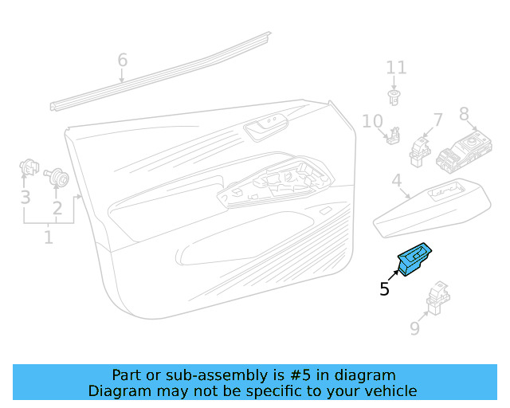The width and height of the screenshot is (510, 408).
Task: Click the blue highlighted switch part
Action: (x=414, y=259)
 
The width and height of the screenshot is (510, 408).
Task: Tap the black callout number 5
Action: (x=384, y=289)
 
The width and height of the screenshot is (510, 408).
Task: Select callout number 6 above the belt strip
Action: (x=122, y=61)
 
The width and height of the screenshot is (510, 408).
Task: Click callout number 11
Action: (x=396, y=68)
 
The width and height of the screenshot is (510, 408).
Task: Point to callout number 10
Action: (x=373, y=121)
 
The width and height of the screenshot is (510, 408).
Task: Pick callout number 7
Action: (x=438, y=120)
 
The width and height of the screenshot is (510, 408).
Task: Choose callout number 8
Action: (x=464, y=114)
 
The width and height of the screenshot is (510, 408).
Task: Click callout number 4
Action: (x=397, y=180)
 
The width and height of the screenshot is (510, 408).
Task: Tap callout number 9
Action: (x=414, y=328)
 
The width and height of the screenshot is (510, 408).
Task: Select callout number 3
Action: (x=25, y=198)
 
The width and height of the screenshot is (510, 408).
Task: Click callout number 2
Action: (x=57, y=208)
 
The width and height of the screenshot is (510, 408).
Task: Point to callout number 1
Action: (x=49, y=237)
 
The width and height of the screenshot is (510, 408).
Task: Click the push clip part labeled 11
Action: (x=394, y=98)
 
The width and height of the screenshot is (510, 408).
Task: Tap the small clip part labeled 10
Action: (x=394, y=135)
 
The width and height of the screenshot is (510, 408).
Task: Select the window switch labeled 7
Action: (x=420, y=152)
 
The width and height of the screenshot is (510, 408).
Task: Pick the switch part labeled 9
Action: (x=438, y=298)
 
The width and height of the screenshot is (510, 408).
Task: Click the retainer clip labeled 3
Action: (x=29, y=167)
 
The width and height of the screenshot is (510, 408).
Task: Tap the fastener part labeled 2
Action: (x=57, y=177)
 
